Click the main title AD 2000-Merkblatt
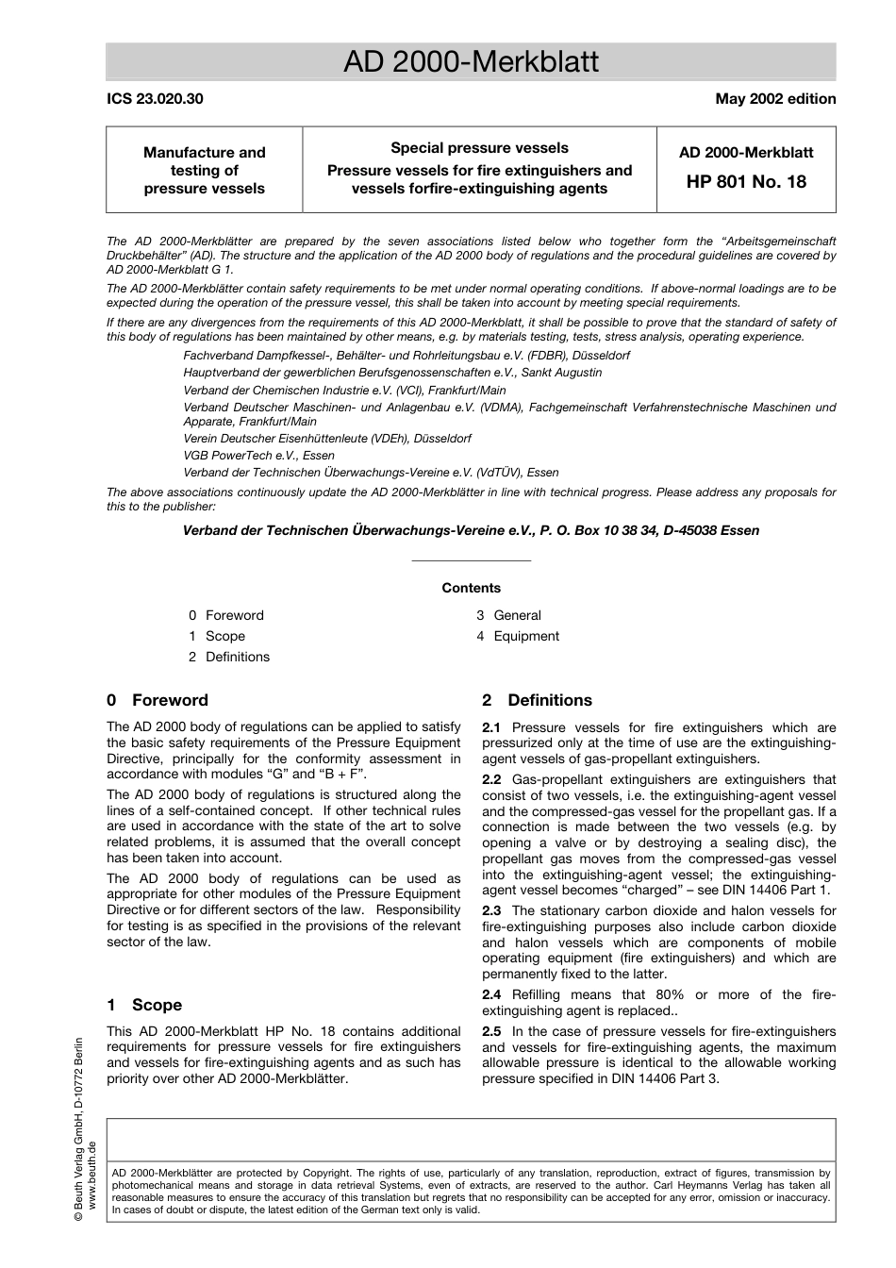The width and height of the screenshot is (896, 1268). [471, 62]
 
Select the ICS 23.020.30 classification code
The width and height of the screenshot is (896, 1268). [154, 98]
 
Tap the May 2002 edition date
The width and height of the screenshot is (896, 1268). [775, 98]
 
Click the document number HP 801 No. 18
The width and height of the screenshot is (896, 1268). [745, 181]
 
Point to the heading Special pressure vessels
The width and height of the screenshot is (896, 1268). [479, 148]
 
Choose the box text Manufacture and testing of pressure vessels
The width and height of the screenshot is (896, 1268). [205, 170]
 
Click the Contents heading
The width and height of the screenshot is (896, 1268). [471, 588]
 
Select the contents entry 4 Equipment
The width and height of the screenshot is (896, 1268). [518, 636]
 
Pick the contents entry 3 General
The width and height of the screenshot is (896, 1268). [509, 615]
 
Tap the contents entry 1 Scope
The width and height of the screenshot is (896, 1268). [217, 636]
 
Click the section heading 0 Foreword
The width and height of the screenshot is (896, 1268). [158, 700]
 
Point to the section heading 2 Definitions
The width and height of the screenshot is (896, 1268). [537, 700]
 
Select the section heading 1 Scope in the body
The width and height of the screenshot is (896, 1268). [144, 1005]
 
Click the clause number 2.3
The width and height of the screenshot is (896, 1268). [491, 910]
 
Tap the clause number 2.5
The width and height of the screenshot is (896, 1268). [491, 1031]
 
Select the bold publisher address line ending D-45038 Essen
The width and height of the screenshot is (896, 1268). [471, 530]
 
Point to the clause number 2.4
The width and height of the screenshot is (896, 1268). [491, 994]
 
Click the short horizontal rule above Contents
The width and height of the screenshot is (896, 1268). [471, 560]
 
